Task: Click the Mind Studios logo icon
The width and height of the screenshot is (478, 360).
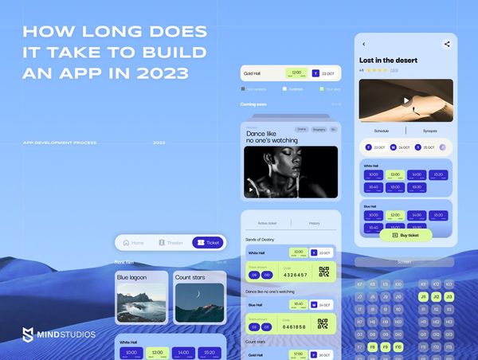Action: [29, 335]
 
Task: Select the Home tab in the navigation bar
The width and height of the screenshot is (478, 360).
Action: [133, 242]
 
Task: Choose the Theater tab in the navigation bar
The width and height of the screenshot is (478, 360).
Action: [170, 242]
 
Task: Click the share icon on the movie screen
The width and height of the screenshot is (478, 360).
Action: [446, 45]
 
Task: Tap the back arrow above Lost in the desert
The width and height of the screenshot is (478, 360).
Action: [364, 45]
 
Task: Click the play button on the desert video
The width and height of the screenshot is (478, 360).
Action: [406, 100]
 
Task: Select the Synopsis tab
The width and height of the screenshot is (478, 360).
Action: [429, 131]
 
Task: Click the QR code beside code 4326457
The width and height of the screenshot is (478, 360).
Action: [323, 272]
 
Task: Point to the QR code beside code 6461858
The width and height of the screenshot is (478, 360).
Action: [323, 323]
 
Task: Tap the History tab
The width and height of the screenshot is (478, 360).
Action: [314, 223]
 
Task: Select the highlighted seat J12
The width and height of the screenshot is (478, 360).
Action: [435, 296]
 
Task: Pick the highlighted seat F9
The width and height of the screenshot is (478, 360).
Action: [385, 347]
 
